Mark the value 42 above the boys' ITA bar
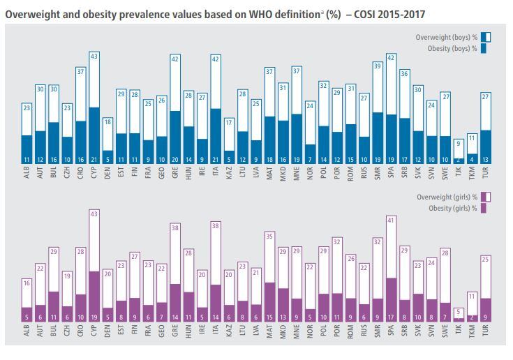click(x=215, y=60)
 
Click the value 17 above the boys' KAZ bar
click(x=228, y=123)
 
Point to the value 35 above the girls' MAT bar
click(x=269, y=237)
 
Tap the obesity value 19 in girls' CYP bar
click(x=94, y=317)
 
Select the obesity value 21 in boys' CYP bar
click(x=94, y=160)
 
